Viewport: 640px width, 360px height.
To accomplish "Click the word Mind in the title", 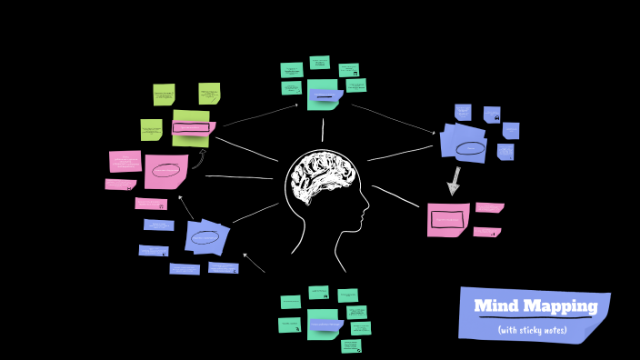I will [x=495, y=306].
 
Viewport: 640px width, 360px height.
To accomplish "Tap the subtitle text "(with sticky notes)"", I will [x=533, y=330].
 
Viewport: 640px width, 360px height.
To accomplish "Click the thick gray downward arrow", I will [x=454, y=181].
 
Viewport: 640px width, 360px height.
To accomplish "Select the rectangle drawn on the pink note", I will [x=446, y=219].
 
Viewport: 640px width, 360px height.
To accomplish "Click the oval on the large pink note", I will [x=165, y=170].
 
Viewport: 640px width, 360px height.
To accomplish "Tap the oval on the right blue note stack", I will [x=470, y=148].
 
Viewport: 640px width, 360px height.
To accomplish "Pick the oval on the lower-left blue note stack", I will [x=205, y=237].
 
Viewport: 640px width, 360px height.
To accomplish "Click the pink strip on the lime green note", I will [x=193, y=128].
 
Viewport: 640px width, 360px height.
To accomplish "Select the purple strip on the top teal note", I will [x=325, y=95].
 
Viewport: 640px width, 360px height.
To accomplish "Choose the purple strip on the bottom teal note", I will [x=325, y=325].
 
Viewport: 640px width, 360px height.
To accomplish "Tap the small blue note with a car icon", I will [x=492, y=115].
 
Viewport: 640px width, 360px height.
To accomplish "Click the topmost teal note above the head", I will [x=319, y=63].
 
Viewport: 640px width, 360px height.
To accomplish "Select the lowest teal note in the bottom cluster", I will [x=352, y=345].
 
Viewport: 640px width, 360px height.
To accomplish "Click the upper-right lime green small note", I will [x=209, y=93].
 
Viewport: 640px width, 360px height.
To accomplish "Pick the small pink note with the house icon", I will [x=151, y=204].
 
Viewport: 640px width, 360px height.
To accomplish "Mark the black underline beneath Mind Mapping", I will [x=535, y=317].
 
